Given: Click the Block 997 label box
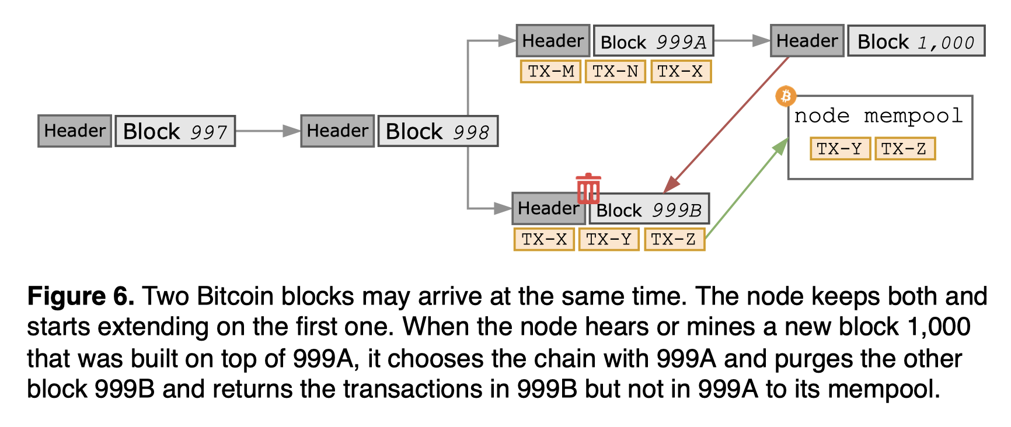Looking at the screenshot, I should [x=175, y=131].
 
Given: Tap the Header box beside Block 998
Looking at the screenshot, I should [x=337, y=131].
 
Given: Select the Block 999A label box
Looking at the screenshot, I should [x=653, y=41].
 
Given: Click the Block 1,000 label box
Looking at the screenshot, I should [x=916, y=41].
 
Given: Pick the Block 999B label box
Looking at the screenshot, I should [x=649, y=209].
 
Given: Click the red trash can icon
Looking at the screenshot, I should [x=588, y=188].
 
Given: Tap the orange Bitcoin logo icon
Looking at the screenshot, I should [x=786, y=96].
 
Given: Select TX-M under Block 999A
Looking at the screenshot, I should [x=550, y=71].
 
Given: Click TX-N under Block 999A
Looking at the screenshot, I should [x=615, y=71].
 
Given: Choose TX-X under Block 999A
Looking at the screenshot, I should [x=681, y=71].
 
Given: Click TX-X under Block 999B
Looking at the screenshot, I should [x=544, y=239].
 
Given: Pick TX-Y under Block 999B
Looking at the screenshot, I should [x=609, y=239].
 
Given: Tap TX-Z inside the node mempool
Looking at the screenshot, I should [x=904, y=149].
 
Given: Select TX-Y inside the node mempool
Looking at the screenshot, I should [x=839, y=149].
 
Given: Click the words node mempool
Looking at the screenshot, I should [x=878, y=116].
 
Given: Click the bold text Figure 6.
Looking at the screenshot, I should [x=81, y=296].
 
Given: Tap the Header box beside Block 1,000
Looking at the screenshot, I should [x=807, y=41].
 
